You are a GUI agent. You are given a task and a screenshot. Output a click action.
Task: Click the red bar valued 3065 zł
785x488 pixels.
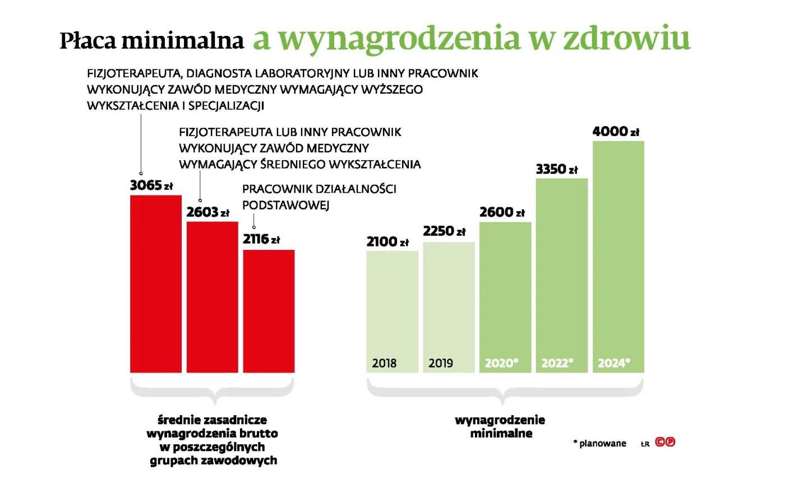coord(156,283)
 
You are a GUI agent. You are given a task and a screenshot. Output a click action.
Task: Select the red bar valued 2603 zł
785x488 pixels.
coord(212,297)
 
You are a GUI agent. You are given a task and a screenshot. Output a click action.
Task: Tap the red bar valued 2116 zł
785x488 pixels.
coord(269,311)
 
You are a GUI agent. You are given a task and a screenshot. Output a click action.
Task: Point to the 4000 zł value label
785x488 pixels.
coord(616,132)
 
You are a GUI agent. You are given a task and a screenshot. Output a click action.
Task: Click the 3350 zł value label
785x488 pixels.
coord(556,169)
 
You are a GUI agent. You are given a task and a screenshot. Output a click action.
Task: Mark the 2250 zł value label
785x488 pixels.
coord(444,231)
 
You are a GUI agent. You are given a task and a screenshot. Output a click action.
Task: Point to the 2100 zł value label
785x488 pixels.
coord(387,241)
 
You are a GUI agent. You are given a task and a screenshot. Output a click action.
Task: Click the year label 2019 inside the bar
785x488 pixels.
coord(441,363)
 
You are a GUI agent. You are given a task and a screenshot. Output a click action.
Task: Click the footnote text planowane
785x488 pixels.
coord(602,443)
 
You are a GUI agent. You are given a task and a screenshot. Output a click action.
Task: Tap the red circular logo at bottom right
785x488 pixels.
coord(665,442)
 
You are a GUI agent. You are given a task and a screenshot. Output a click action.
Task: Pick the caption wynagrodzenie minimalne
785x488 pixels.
coord(500,426)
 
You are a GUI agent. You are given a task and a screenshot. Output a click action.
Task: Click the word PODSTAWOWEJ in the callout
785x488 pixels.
coord(285,205)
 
